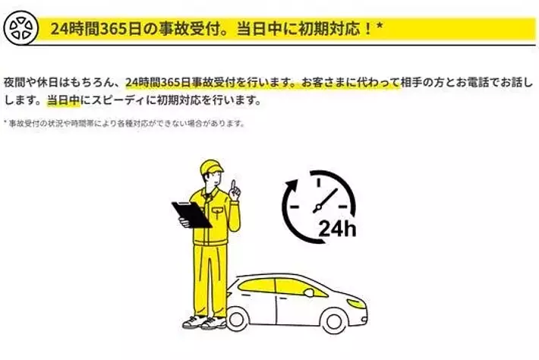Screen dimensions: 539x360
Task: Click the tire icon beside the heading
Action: point(20,28)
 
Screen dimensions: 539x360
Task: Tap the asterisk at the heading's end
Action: point(380,26)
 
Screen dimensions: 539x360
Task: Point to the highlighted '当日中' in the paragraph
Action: point(63,100)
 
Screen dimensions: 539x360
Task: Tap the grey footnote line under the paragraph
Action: point(124,123)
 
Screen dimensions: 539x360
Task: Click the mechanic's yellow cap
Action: point(211,167)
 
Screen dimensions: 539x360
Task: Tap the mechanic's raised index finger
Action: point(233,186)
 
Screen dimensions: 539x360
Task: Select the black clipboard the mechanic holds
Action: point(191,214)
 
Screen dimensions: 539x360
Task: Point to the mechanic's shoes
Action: point(204,322)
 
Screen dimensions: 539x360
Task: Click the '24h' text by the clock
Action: point(337,228)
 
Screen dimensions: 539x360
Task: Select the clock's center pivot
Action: point(317,207)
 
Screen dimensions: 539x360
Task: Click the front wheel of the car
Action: point(334,321)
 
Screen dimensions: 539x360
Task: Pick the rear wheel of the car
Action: point(237,320)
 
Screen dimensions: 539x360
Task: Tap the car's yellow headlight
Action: point(356,304)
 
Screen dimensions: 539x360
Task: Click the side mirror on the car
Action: point(309,292)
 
